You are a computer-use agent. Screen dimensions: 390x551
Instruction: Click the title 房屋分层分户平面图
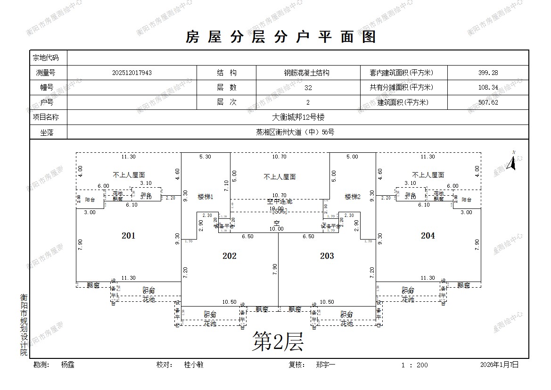tap(281, 36)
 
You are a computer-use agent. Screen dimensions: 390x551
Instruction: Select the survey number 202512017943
tap(132, 73)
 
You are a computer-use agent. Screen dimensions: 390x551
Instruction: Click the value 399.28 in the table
tap(488, 73)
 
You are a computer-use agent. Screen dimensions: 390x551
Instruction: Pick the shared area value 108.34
tap(488, 88)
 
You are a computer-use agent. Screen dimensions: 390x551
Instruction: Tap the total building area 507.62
tap(488, 102)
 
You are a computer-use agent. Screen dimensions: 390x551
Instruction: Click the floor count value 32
tap(308, 88)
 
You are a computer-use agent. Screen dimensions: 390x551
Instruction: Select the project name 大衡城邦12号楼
tap(298, 117)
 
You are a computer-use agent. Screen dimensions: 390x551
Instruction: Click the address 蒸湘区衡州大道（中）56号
tap(298, 133)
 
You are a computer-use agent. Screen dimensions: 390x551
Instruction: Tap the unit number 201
tap(128, 236)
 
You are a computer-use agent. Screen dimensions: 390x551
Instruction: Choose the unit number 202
tap(229, 256)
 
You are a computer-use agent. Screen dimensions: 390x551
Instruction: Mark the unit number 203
tap(327, 256)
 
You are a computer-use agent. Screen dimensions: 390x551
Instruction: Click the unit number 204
tap(428, 236)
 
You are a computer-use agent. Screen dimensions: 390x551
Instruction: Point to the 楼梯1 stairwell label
tap(206, 197)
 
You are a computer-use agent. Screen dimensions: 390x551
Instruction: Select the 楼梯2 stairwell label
tap(353, 197)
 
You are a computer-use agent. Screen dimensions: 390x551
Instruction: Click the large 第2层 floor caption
tap(278, 341)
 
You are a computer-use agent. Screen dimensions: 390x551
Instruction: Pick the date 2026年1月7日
tap(499, 365)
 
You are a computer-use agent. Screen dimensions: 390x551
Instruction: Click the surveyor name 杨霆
tap(67, 365)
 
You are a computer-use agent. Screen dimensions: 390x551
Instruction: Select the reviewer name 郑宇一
tap(326, 365)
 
